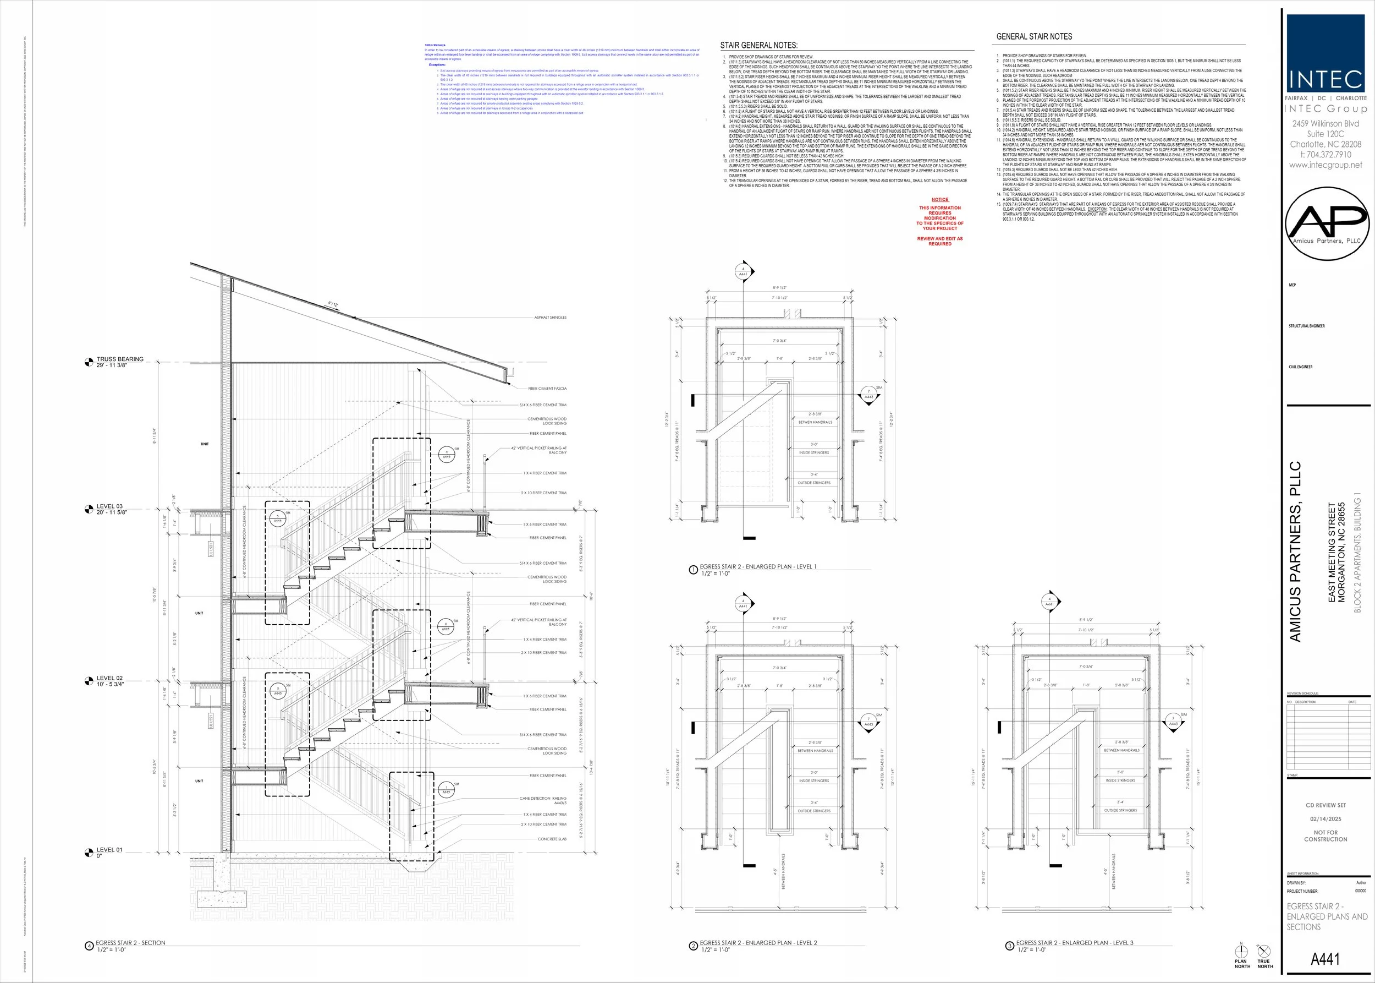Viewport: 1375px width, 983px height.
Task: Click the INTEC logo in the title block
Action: (x=1325, y=53)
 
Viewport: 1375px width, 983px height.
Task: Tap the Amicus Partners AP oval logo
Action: (x=1327, y=223)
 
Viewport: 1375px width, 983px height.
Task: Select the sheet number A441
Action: (x=1325, y=959)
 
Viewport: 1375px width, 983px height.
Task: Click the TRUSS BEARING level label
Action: (x=120, y=359)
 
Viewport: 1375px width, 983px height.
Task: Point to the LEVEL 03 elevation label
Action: (x=109, y=506)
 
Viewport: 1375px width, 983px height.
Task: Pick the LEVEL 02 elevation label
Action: (x=109, y=678)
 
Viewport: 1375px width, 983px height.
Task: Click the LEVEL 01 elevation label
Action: (x=109, y=849)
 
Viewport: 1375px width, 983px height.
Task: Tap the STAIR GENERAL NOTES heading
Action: (x=758, y=45)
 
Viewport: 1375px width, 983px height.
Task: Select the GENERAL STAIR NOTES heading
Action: (x=1034, y=37)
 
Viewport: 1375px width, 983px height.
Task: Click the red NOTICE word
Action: (x=939, y=200)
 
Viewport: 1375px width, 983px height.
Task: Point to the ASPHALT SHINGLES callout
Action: (x=550, y=317)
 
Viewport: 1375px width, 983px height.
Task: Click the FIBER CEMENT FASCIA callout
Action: (x=547, y=389)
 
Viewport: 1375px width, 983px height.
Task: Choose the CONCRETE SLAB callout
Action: (x=552, y=839)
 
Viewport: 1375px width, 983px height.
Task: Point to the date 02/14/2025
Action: (x=1325, y=818)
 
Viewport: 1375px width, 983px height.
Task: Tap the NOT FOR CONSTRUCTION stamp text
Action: (x=1325, y=835)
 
